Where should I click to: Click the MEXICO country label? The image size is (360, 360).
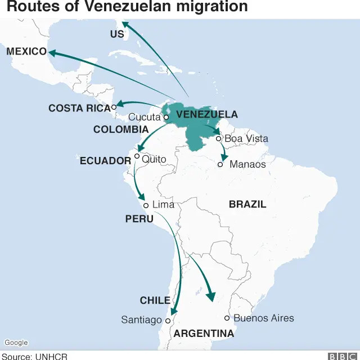26,52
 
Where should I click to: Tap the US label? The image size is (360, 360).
117,34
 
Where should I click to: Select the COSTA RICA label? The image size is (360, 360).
79,108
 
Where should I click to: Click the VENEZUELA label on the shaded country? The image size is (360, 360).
207,115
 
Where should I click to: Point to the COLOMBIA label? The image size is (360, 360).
121,129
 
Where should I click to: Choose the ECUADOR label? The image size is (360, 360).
105,161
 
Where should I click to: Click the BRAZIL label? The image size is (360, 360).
247,204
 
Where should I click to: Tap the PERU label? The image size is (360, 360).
139,218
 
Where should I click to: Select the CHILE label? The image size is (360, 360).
155,300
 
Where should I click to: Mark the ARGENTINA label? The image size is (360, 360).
204,334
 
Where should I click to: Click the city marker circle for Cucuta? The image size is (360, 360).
166,118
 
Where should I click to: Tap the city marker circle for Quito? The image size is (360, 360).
137,156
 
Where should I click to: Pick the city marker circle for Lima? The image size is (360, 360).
146,205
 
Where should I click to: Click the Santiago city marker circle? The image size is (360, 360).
167,321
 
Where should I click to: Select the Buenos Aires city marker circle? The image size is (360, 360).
227,318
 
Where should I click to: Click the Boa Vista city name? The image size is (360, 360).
246,138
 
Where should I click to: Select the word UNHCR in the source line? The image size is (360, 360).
53,356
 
